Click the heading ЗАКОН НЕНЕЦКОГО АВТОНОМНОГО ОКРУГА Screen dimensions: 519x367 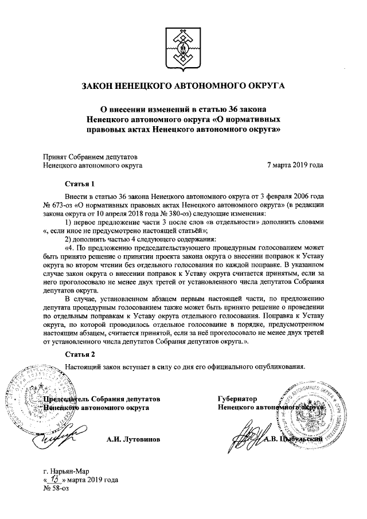click(x=183, y=87)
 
